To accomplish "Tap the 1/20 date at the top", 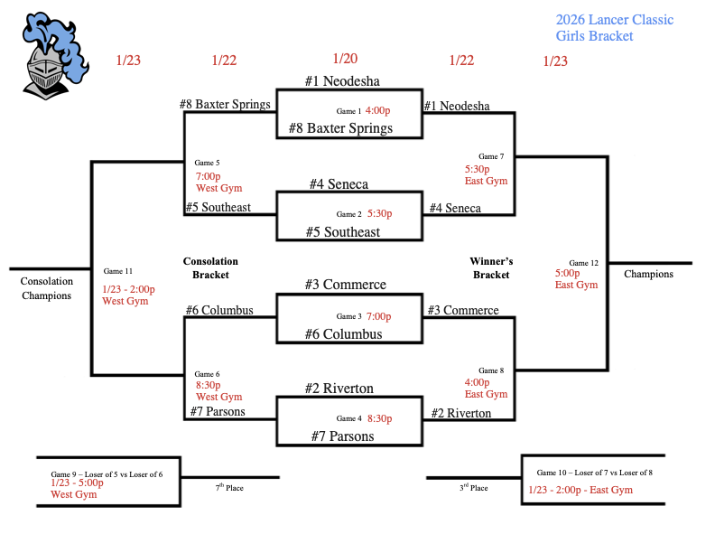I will tap(345, 59).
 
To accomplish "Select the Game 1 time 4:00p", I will tap(377, 110).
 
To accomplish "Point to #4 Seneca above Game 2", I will tap(339, 184).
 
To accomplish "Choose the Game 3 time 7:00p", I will tap(379, 317).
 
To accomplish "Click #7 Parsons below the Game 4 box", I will tap(342, 436).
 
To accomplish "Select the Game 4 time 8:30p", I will tap(379, 418).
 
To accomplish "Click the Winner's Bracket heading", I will tap(491, 267).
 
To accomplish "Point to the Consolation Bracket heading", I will tap(210, 267).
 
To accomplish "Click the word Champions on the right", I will tap(648, 274).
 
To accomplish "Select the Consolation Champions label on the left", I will tap(46, 288).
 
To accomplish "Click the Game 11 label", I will tap(118, 271).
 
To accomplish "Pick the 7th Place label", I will tap(229, 488).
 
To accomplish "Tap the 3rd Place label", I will tap(473, 488).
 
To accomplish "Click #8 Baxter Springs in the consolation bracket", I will tap(225, 104).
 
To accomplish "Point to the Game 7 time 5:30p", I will tap(477, 169).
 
